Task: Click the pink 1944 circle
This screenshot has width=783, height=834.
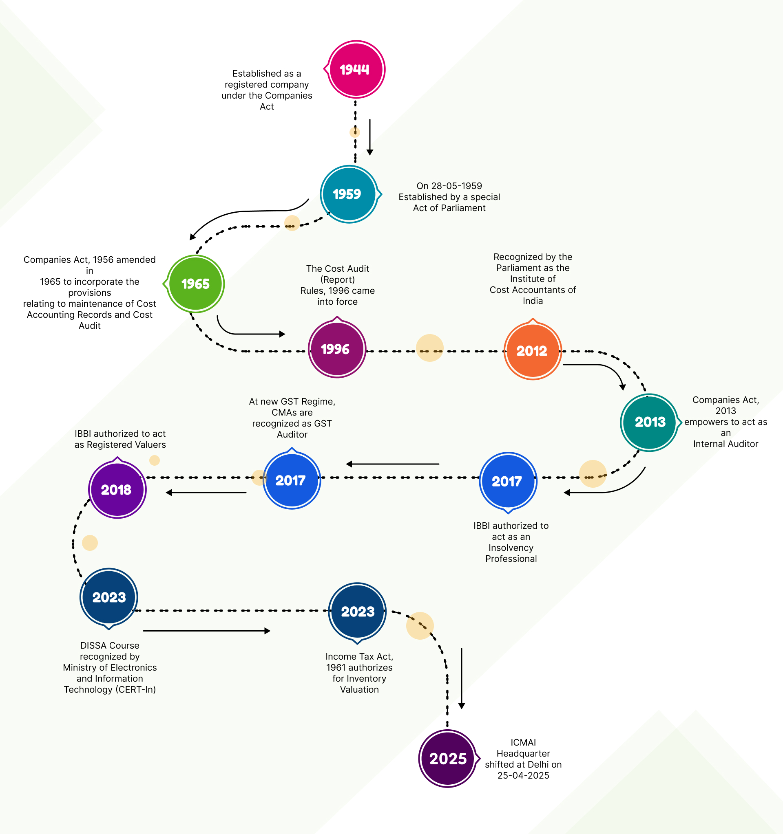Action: pos(356,69)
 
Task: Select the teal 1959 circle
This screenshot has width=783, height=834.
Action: pos(348,194)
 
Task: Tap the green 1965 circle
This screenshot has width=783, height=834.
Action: pos(196,284)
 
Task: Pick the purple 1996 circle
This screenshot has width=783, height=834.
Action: pos(337,349)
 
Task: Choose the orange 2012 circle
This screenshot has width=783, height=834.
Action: pos(532,351)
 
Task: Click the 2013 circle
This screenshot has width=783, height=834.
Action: pos(649,422)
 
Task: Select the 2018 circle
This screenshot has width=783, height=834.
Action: pos(117,490)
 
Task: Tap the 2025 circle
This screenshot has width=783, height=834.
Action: pos(447,759)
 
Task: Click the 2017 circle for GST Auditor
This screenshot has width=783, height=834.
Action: pos(291,480)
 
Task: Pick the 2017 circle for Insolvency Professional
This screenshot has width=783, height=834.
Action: pos(508,481)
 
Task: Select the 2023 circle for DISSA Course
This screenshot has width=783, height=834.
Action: pos(109,597)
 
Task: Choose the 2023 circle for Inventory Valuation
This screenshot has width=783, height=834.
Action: pos(357,612)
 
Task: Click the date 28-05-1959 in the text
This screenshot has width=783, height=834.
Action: pos(456,186)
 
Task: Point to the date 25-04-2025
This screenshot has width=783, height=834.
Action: pos(523,775)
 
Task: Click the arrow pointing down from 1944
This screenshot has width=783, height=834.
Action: pos(370,137)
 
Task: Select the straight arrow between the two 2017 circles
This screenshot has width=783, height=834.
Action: pos(393,464)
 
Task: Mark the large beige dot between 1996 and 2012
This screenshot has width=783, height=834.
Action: pos(429,348)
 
